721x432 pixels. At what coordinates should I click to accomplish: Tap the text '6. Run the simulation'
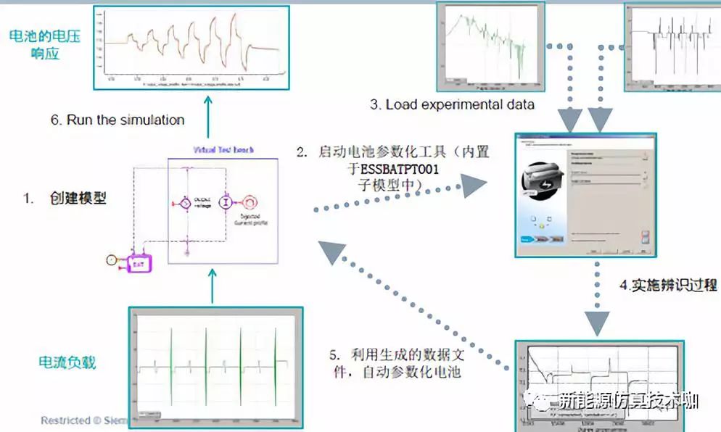(118, 120)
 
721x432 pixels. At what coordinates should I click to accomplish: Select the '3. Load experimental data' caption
(453, 104)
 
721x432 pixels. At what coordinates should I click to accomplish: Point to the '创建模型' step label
(78, 197)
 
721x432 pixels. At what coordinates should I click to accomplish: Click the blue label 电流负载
(68, 362)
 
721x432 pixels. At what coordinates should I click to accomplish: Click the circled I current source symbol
(226, 202)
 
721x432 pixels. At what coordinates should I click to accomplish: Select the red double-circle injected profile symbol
(250, 202)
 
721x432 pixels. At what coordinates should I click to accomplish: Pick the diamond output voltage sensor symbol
(185, 204)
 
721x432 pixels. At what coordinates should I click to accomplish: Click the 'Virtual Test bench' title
(223, 150)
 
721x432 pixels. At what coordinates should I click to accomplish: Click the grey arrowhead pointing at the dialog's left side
(474, 186)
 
